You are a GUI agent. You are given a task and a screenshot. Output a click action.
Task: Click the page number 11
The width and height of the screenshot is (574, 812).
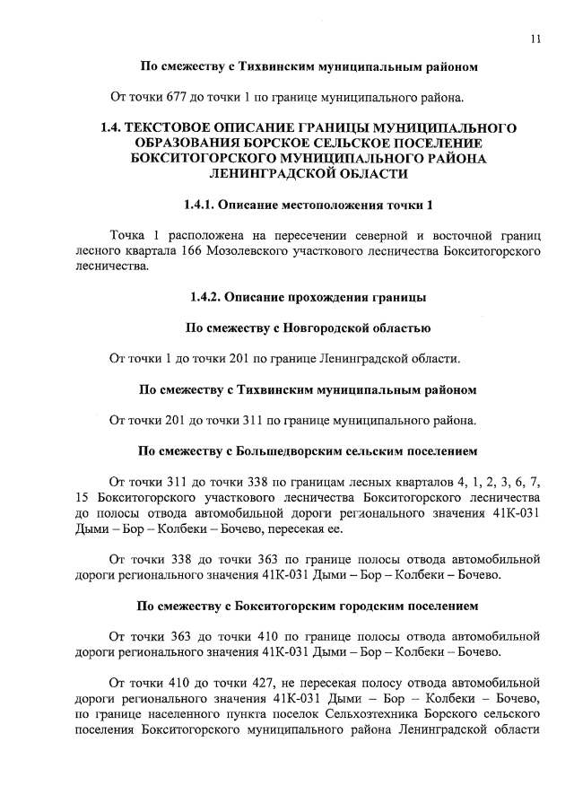pyautogui.click(x=535, y=37)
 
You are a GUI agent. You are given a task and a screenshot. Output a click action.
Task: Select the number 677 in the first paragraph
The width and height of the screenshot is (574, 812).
pyautogui.click(x=187, y=97)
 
